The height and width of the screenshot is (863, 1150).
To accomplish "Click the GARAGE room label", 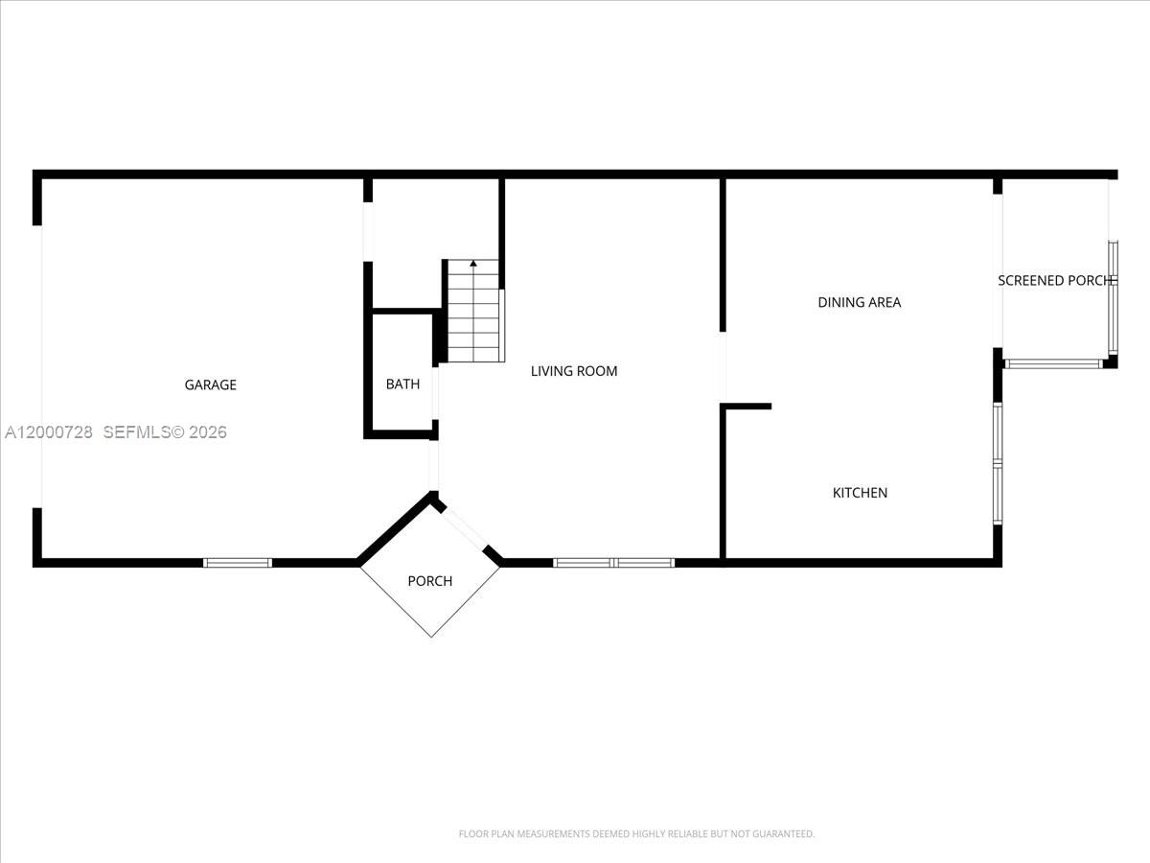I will point(210,385).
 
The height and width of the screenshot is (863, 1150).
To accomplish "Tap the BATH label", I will point(402,385).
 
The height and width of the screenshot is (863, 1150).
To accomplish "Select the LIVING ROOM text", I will point(574,371).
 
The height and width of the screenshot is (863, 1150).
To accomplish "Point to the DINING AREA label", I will point(859,302).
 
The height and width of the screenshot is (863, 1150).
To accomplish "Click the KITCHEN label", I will point(860,493).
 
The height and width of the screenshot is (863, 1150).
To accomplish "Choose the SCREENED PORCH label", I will point(1054,281).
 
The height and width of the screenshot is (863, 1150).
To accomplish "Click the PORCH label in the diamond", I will point(429,581).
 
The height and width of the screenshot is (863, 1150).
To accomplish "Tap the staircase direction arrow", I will point(472,264).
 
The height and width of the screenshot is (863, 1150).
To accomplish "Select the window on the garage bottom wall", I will point(238,563).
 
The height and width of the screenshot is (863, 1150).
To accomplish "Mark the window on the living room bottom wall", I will point(613,563).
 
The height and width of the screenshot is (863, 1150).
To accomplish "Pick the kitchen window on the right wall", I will point(998,464).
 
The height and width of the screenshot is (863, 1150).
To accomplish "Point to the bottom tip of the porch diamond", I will point(430,636).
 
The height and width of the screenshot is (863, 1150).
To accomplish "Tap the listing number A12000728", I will point(49,432).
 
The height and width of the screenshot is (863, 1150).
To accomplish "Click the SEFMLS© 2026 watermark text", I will point(165,432).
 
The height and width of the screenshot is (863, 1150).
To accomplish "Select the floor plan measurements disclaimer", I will point(636,834).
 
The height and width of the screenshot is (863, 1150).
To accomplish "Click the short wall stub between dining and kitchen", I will point(747,407).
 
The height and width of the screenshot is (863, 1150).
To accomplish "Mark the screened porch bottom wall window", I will point(1053,363).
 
